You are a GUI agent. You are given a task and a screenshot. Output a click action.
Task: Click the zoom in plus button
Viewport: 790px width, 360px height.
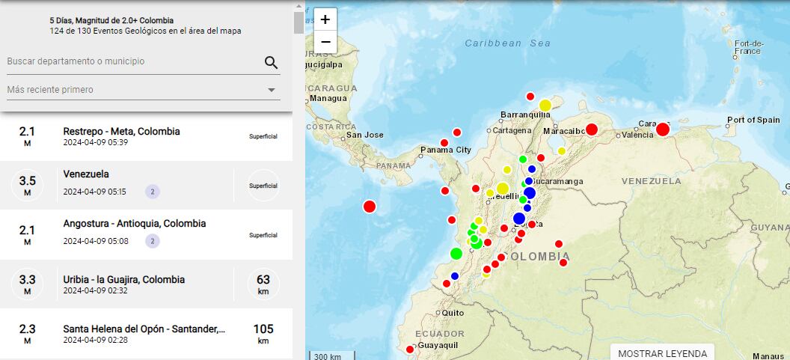(x=325, y=19)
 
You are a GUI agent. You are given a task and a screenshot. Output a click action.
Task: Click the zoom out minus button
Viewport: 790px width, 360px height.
(x=325, y=42)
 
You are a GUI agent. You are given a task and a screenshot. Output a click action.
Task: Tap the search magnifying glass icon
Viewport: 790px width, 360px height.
(x=271, y=62)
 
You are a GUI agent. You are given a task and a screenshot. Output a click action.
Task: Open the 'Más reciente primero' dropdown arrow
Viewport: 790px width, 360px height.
(x=271, y=91)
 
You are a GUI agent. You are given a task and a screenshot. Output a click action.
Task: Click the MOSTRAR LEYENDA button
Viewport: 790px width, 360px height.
(x=662, y=353)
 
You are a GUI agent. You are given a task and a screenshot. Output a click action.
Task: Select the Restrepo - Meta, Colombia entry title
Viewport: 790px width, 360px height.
(x=121, y=131)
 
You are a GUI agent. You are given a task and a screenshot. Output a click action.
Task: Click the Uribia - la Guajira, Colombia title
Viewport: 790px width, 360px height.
(x=123, y=279)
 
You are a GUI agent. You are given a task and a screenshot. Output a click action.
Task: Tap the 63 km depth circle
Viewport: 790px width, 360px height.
(x=263, y=284)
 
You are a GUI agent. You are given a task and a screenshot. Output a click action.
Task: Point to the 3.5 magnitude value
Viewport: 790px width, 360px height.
(x=28, y=180)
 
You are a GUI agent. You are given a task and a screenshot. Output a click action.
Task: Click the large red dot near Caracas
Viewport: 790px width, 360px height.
(x=662, y=129)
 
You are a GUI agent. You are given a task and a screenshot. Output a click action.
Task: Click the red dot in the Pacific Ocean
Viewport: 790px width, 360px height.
(x=369, y=207)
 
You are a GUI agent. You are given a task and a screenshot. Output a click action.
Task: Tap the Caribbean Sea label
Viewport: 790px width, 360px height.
(x=507, y=43)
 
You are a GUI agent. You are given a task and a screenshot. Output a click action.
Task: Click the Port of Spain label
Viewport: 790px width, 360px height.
(x=753, y=120)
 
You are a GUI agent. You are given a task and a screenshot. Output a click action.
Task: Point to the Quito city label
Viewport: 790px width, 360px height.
(x=453, y=313)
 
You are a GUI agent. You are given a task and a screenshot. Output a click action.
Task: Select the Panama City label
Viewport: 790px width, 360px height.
(x=445, y=150)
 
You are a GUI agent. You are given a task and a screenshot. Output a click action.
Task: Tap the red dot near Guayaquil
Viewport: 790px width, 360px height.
(x=409, y=350)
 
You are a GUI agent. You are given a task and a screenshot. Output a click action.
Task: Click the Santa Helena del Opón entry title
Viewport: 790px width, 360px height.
(x=144, y=329)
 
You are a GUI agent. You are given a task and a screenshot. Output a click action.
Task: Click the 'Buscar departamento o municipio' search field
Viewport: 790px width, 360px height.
(x=131, y=61)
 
